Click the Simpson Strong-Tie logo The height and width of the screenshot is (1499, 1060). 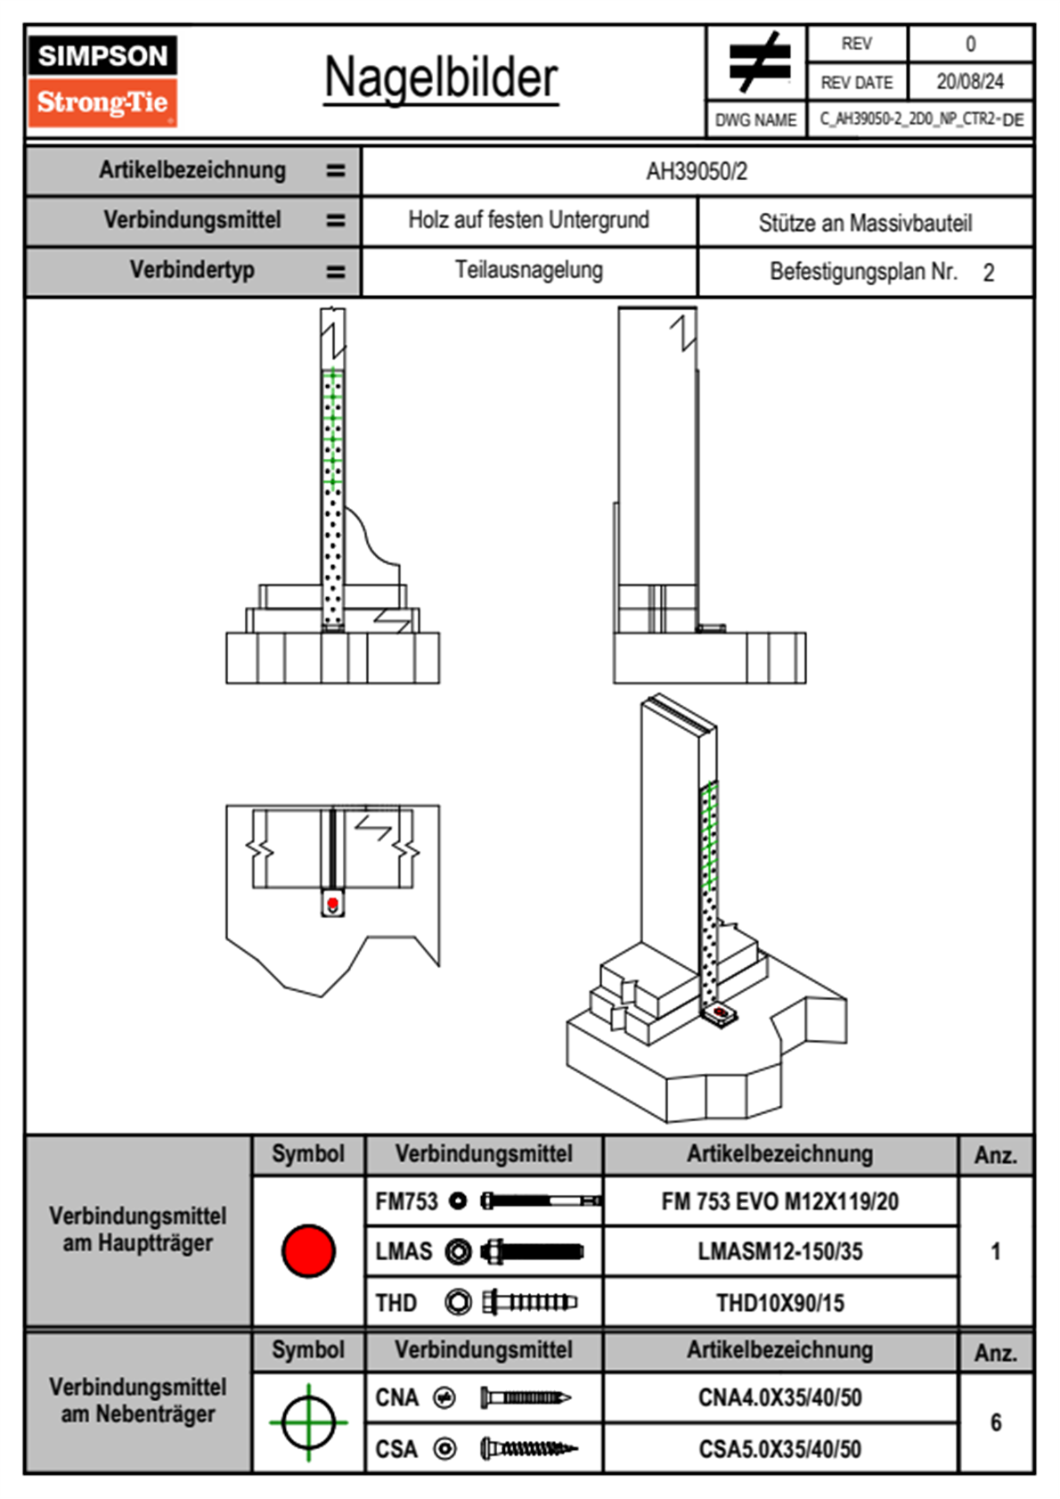(x=102, y=80)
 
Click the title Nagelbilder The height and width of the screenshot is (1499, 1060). (x=441, y=78)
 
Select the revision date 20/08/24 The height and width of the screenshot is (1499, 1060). (x=969, y=82)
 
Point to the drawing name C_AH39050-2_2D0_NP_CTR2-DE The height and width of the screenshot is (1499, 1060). (x=921, y=119)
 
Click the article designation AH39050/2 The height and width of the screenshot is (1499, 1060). (x=697, y=171)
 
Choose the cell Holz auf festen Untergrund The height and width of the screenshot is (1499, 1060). (x=528, y=220)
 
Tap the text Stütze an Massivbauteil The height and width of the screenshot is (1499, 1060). (x=865, y=223)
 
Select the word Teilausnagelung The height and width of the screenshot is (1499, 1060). (x=528, y=270)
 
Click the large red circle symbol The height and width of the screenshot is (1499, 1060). (x=308, y=1250)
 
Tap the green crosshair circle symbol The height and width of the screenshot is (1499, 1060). (x=308, y=1422)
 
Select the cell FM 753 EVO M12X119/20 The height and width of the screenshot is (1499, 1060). (x=779, y=1202)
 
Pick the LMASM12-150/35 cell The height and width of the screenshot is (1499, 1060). (x=779, y=1252)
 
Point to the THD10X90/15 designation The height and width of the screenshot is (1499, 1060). (x=779, y=1303)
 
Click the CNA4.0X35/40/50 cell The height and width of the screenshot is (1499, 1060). (x=779, y=1397)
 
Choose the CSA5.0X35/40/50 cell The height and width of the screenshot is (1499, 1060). (x=779, y=1449)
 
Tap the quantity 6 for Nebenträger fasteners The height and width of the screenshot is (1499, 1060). (x=995, y=1422)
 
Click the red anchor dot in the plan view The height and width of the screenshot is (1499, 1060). (x=332, y=904)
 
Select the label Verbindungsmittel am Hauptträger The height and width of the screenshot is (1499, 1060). (x=138, y=1230)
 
